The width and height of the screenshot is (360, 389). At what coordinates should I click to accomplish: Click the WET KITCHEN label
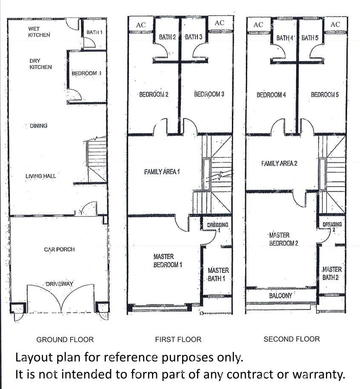(x=39, y=32)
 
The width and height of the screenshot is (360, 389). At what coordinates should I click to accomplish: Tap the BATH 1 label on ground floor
(x=94, y=32)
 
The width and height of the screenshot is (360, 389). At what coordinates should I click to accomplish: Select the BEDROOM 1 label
(x=86, y=73)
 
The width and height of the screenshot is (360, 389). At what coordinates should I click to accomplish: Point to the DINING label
(x=39, y=126)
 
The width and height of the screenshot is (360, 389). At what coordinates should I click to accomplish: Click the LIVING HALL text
(x=41, y=176)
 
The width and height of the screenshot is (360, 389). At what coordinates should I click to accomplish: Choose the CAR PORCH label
(x=60, y=249)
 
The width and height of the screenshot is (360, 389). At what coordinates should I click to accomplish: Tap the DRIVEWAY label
(x=60, y=284)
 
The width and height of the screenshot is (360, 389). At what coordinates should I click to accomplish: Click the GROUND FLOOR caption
(x=65, y=340)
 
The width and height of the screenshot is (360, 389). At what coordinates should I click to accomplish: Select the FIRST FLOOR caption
(x=178, y=340)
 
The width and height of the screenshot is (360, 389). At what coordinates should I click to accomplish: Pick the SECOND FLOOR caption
(x=291, y=339)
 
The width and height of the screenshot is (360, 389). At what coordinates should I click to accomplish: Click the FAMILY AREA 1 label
(x=162, y=172)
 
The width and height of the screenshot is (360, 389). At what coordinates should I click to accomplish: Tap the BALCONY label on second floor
(x=281, y=295)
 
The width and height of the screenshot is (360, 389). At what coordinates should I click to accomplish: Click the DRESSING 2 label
(x=332, y=227)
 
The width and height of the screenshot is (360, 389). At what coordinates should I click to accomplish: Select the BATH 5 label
(x=310, y=38)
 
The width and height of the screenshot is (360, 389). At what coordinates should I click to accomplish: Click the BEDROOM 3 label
(x=209, y=94)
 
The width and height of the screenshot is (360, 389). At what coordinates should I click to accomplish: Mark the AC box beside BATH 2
(x=141, y=25)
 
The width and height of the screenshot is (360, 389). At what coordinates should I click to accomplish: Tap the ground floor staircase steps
(x=97, y=154)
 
